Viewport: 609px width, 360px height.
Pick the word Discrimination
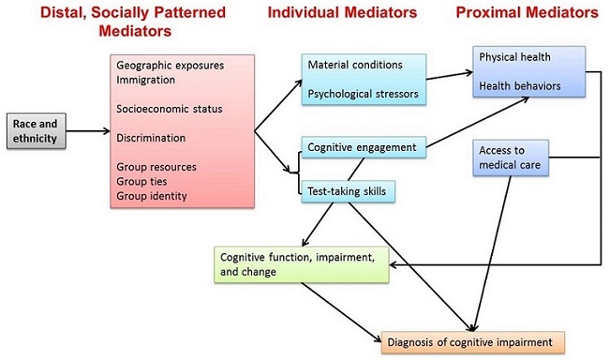(151, 138)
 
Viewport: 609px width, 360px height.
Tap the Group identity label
(153, 196)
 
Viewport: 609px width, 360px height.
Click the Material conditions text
(355, 65)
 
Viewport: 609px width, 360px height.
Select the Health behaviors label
(520, 85)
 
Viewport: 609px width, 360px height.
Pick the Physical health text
(516, 57)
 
